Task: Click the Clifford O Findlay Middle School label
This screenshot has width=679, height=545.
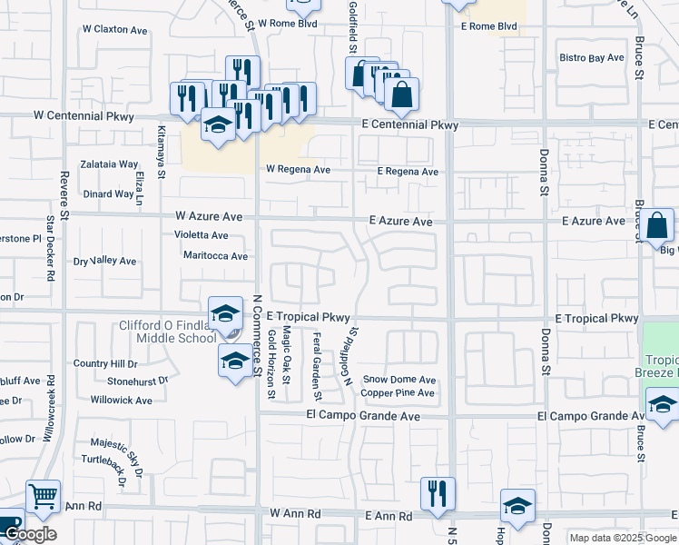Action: [x=168, y=332]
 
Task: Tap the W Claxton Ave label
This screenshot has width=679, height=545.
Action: [x=113, y=30]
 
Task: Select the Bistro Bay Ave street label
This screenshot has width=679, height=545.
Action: [x=592, y=58]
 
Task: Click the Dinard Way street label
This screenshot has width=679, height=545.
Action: [x=109, y=193]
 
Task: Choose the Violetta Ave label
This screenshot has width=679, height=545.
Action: [x=202, y=234]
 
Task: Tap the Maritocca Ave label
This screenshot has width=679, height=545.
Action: [x=215, y=256]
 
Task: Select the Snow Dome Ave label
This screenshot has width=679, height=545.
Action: [x=399, y=380]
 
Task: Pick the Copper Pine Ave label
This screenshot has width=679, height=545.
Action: [x=398, y=393]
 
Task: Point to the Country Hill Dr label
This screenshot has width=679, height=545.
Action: [x=104, y=363]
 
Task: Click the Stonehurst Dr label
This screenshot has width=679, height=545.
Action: [x=138, y=381]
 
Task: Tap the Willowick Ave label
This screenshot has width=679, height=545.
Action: [x=121, y=400]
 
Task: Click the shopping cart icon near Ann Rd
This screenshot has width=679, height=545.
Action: [x=43, y=497]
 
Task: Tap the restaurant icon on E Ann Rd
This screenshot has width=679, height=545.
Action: [x=438, y=493]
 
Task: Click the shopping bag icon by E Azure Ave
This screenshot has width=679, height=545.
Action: [x=660, y=224]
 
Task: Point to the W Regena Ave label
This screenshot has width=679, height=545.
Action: [x=298, y=170]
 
